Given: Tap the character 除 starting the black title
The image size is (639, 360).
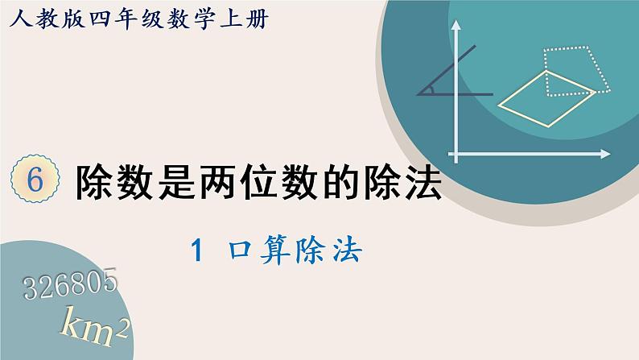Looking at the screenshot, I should pyautogui.click(x=92, y=184).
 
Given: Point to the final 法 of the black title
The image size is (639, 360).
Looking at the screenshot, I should pyautogui.click(x=425, y=184).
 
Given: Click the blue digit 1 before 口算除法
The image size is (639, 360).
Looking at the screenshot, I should pyautogui.click(x=196, y=253).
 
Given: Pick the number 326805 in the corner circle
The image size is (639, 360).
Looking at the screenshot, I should pyautogui.click(x=72, y=283).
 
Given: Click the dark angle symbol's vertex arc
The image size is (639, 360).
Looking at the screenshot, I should pyautogui.click(x=430, y=89).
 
